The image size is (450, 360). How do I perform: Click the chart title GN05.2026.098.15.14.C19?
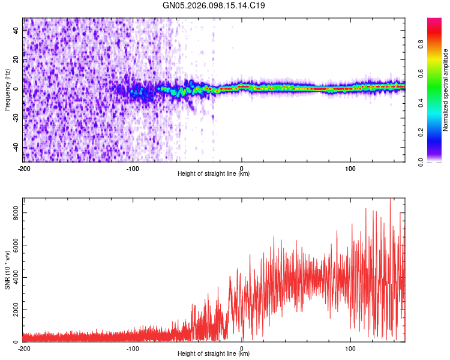(214, 5)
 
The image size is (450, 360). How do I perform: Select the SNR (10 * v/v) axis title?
(7, 271)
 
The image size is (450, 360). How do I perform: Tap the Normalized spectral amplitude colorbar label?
(446, 90)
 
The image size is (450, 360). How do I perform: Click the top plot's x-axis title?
(214, 173)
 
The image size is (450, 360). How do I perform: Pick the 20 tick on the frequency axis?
(16, 59)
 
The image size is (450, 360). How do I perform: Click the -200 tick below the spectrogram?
(24, 167)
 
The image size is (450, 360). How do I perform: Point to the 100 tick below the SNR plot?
(350, 347)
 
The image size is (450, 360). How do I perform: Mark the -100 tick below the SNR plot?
(133, 347)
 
